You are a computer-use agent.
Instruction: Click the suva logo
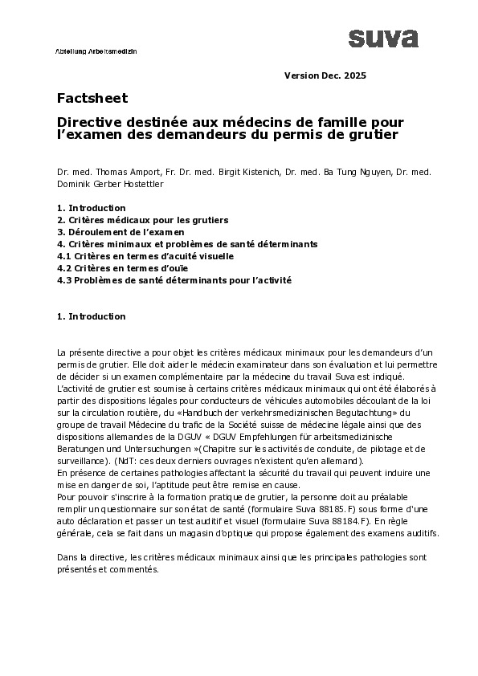coord(383,38)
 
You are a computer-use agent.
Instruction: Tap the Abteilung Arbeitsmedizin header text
coord(96,50)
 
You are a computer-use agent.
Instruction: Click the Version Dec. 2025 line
coord(325,75)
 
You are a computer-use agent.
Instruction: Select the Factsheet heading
coord(92,98)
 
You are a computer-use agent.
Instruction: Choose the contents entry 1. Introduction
coord(91,208)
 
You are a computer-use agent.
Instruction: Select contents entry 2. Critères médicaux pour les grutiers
coord(143,219)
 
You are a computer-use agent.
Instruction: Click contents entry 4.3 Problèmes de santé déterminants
coord(174,280)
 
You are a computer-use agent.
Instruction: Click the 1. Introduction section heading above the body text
coord(91,316)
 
